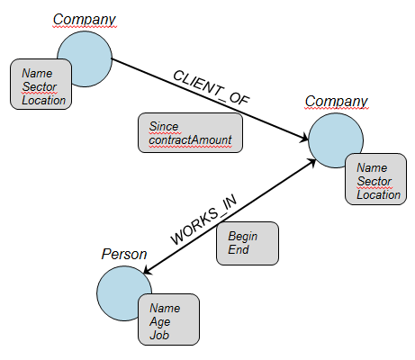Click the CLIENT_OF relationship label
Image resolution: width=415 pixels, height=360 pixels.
pos(212,87)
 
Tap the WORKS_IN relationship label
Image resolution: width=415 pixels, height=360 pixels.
pos(203,220)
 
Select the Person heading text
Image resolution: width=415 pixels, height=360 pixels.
pos(124,255)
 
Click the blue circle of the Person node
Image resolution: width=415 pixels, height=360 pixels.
pos(120,288)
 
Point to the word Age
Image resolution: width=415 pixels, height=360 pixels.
pos(160,322)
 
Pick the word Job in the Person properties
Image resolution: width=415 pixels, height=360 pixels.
pos(159,335)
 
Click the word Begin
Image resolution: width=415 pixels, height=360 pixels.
pos(243,237)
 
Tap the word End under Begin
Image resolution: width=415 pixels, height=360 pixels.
pos(239,249)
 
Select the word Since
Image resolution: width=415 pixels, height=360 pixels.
pos(164,126)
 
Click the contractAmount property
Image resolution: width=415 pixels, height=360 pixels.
pos(190,139)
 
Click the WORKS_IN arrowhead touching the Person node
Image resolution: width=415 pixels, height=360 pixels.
pos(149,269)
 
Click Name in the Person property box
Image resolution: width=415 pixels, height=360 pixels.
pos(165,308)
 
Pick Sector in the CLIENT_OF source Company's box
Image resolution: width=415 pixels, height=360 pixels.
pos(40,86)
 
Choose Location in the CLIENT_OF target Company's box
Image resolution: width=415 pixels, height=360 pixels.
pos(379,194)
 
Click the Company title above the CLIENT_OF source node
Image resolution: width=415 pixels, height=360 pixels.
pos(85,20)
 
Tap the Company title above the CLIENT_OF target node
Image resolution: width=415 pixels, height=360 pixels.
pos(337,102)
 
